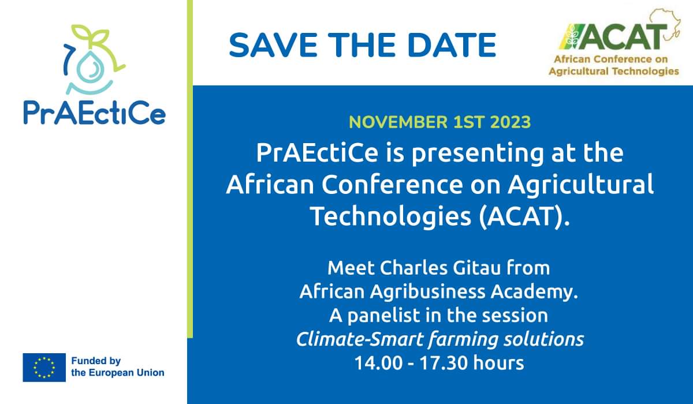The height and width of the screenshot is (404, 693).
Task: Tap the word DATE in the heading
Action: pos(452,44)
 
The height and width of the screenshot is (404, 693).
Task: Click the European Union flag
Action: pos(44,368)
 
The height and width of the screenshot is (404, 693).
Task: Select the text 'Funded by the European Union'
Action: pos(117,367)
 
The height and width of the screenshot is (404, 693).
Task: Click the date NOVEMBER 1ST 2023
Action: pos(439,122)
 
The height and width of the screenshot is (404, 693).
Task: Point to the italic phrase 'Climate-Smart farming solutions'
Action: pos(439,339)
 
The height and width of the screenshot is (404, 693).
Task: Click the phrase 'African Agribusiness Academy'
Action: pos(438,292)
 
